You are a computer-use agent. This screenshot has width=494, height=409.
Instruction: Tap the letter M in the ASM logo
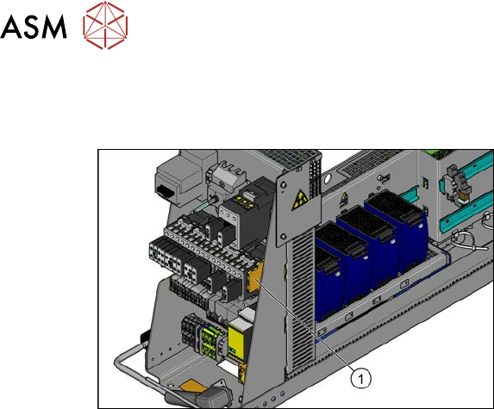[53, 27]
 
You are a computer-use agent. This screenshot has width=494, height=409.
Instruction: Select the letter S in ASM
[29, 27]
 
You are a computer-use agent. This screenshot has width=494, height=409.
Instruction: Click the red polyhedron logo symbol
[105, 25]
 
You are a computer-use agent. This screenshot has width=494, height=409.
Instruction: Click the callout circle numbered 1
[361, 379]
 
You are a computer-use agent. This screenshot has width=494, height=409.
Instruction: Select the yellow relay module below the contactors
[240, 341]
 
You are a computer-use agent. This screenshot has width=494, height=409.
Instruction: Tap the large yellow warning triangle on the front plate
[299, 201]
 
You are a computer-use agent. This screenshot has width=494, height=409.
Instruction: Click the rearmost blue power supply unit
[397, 230]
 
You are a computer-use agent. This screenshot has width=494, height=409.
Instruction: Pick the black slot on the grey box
[165, 189]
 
